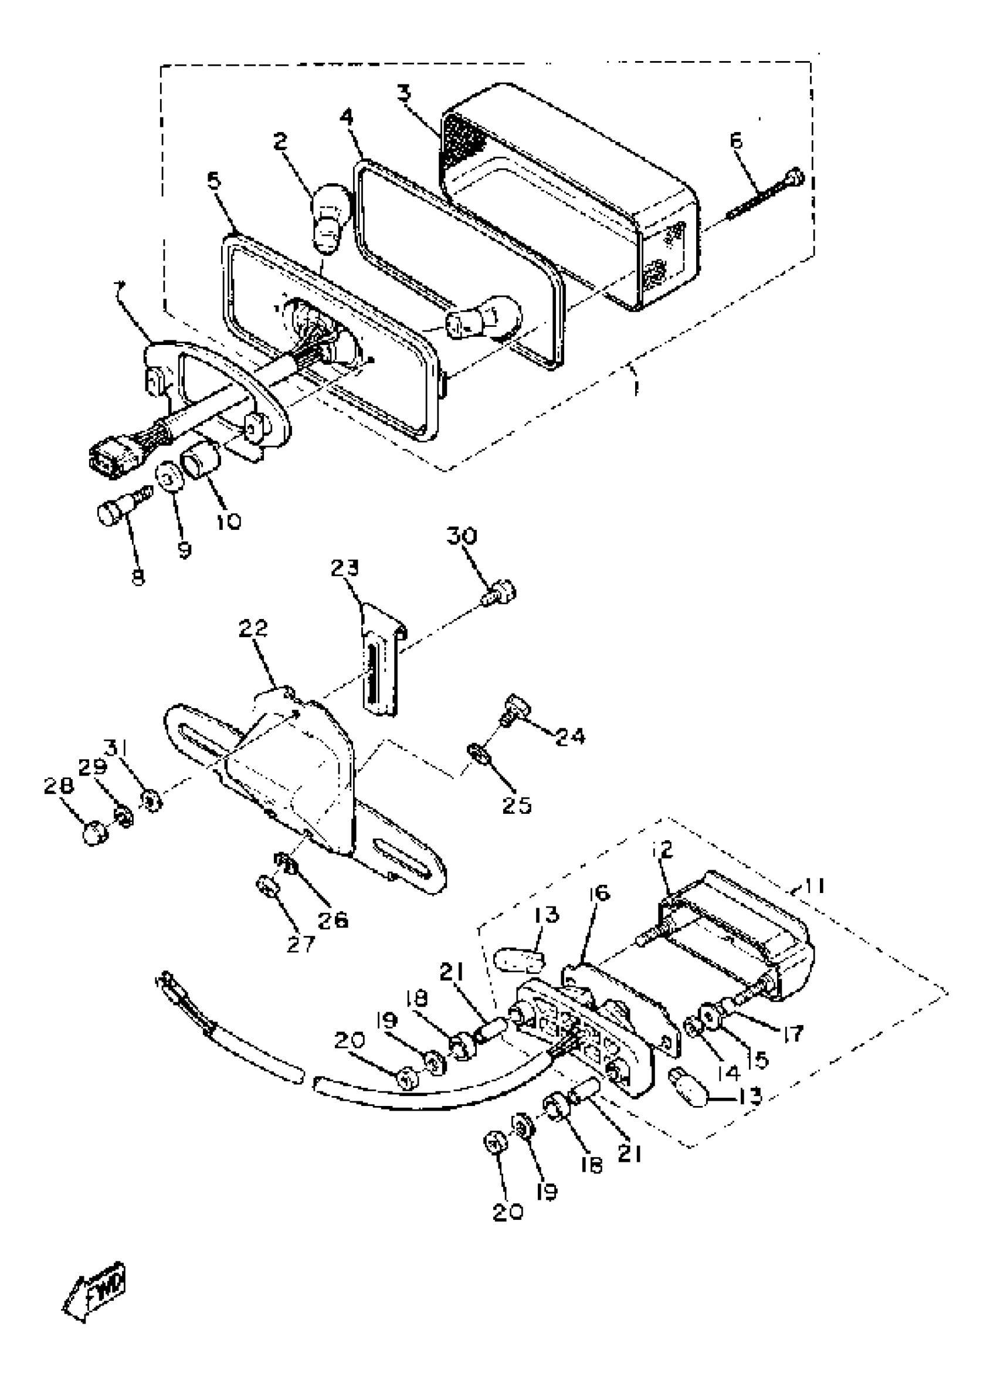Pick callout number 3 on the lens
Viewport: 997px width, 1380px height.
click(403, 93)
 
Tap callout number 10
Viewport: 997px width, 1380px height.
click(228, 521)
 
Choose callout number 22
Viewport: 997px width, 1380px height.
click(253, 628)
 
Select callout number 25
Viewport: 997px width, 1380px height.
click(517, 805)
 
